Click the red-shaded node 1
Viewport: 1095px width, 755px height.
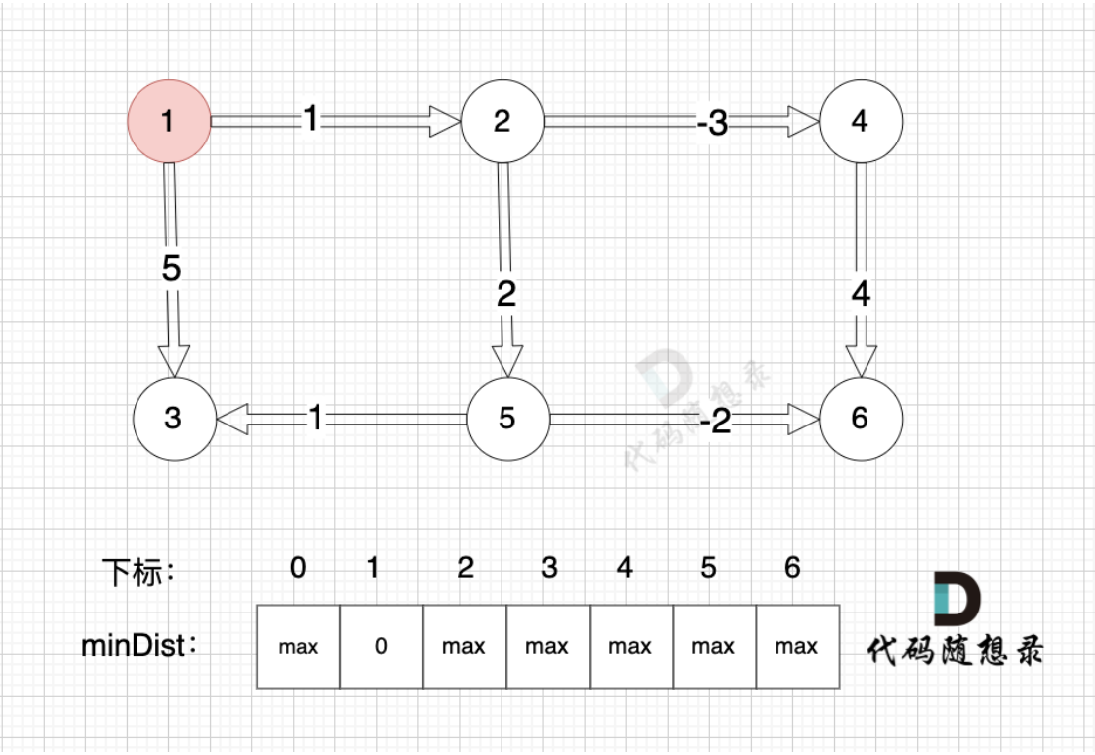tap(168, 121)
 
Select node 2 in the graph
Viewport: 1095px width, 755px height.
tap(502, 121)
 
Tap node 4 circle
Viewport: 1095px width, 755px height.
tap(860, 121)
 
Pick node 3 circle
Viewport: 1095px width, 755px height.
tap(173, 418)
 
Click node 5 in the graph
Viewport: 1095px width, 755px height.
tap(507, 418)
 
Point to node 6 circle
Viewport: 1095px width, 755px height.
tap(860, 418)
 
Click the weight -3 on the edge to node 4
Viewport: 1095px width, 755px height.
tap(711, 123)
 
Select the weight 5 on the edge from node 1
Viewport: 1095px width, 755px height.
tap(172, 269)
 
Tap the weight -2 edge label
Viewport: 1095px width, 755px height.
tap(714, 422)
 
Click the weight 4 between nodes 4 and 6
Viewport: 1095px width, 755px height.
tap(861, 294)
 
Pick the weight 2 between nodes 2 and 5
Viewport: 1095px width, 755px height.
tap(506, 294)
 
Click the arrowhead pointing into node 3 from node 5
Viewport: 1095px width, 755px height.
tap(231, 419)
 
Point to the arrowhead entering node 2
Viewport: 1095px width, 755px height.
tap(445, 122)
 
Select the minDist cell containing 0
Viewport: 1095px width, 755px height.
tap(382, 647)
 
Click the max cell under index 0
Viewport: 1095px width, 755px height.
tap(298, 647)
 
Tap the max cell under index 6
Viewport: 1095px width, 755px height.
tap(796, 647)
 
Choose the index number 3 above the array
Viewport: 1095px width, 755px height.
tap(549, 567)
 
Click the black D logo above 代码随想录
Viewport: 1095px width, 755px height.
tap(957, 599)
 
